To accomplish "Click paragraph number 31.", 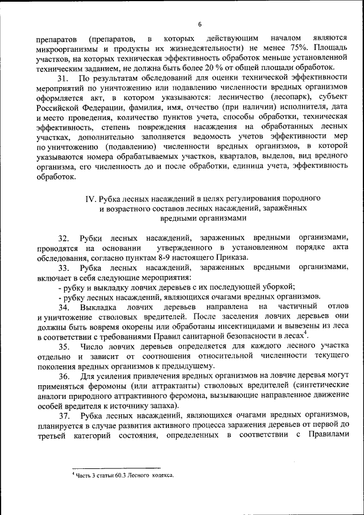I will tap(63, 77).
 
